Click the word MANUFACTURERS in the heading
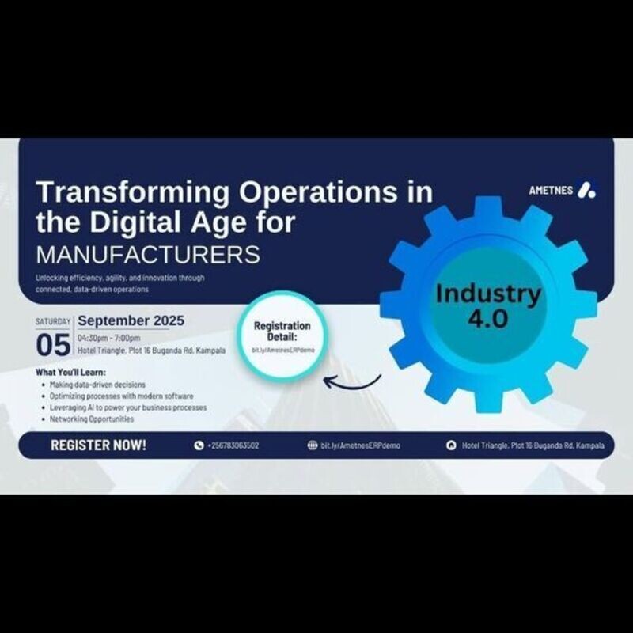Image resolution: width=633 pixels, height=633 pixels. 148,255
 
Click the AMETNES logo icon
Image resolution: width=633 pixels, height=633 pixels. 586,190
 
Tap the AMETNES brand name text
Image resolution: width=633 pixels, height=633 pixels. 551,191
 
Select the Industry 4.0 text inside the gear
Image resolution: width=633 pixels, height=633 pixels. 488,305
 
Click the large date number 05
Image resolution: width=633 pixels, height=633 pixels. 54,346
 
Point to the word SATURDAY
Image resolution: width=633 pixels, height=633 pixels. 53,322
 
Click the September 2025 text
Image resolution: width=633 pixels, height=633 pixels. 131,320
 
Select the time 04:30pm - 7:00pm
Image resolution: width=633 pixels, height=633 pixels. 109,338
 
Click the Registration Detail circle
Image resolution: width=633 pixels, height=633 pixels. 282,336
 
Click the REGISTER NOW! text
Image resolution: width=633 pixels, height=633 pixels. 98,445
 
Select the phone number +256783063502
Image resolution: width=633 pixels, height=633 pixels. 233,445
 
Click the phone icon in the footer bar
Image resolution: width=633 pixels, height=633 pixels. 199,445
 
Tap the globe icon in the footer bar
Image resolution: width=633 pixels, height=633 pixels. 312,445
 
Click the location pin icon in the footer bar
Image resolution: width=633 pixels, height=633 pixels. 451,445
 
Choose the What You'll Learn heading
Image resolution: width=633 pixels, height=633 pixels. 70,372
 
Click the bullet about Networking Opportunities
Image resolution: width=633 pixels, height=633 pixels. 91,419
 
